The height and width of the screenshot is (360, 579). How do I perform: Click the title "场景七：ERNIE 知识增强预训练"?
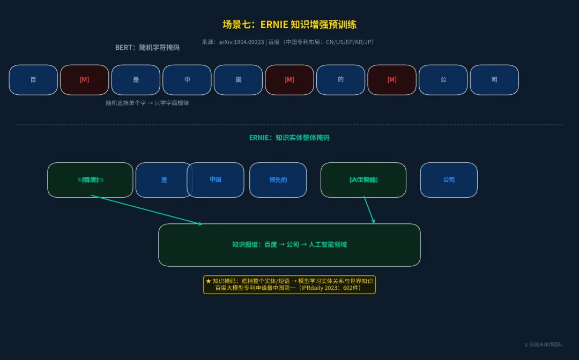tap(289, 25)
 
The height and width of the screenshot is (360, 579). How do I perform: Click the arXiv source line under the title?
tap(287, 42)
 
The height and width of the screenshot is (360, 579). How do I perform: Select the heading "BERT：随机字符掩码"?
tap(147, 48)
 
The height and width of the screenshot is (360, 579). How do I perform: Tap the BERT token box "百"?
tap(33, 80)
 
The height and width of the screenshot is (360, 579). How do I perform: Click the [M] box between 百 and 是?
tap(85, 80)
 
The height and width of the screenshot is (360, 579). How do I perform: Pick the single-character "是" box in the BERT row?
tap(136, 80)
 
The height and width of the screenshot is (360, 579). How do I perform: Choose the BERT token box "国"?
tap(238, 80)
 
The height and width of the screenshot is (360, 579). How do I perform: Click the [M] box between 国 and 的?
tap(289, 80)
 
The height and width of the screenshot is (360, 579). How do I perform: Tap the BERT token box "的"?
tap(340, 80)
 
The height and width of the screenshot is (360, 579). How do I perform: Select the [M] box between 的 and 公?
tap(392, 80)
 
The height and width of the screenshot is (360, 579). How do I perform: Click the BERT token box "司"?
tap(494, 80)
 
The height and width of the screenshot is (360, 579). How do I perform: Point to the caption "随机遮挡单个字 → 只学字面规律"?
tap(147, 103)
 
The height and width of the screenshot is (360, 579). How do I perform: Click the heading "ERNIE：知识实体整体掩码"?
tap(289, 138)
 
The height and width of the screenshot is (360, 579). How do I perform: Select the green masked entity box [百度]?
tap(90, 180)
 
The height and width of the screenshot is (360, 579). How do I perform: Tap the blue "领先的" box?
tap(278, 180)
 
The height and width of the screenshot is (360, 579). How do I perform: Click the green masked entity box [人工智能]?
tap(363, 180)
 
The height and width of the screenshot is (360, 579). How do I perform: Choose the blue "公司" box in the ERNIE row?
tap(449, 180)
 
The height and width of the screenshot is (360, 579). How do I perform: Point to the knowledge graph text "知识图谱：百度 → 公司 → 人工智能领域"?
tap(289, 245)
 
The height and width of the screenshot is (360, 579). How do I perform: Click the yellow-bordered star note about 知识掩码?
tap(289, 284)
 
